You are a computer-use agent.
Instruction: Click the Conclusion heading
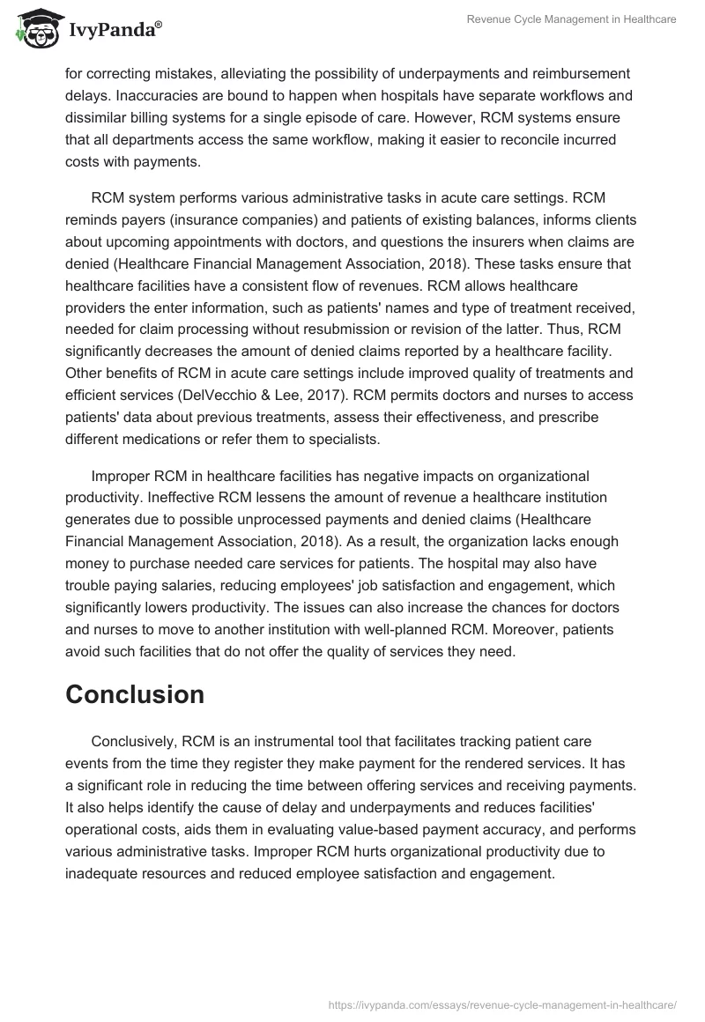[x=135, y=694]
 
